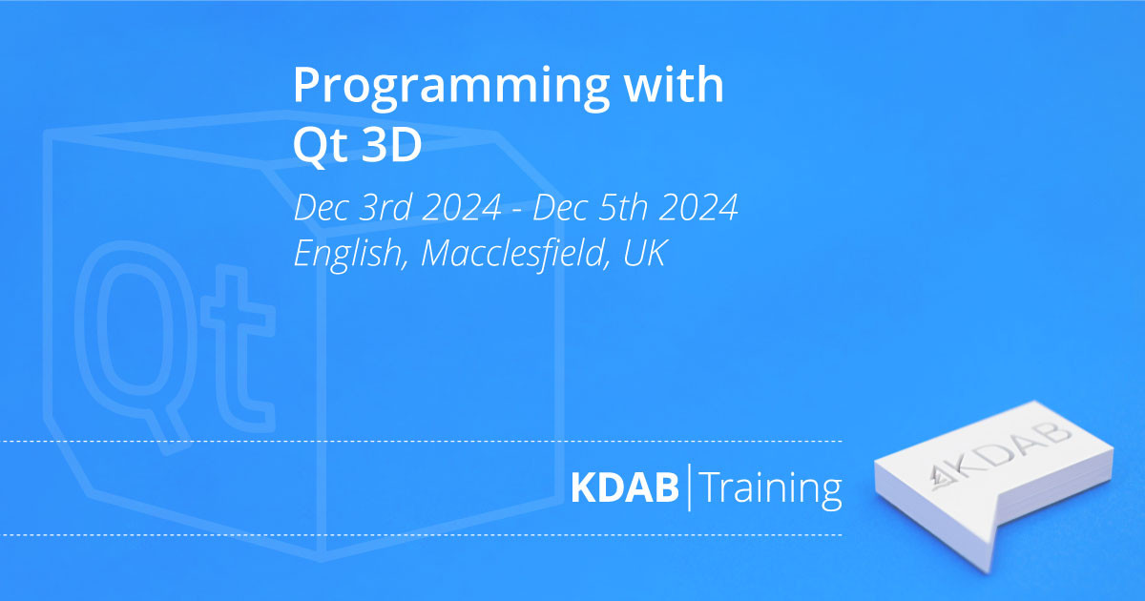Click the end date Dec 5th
pos(591,207)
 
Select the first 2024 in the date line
pos(462,208)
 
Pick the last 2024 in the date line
pos(698,208)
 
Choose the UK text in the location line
pos(645,253)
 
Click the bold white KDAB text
pos(625,488)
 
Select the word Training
pos(771,489)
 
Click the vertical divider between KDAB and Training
pos(690,487)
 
